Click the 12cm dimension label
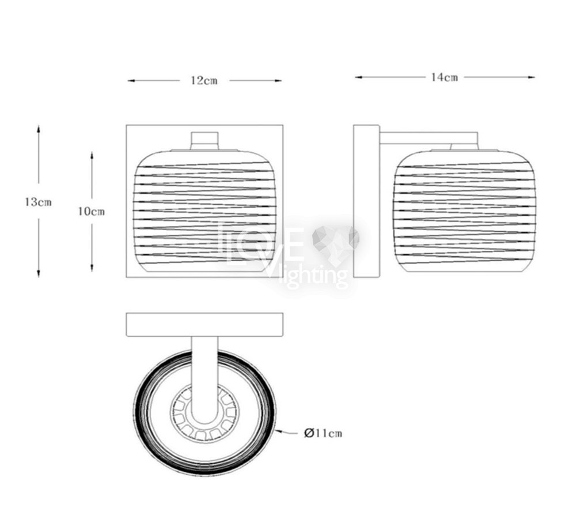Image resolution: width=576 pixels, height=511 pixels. tap(204, 81)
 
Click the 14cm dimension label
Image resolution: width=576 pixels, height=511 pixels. tap(445, 77)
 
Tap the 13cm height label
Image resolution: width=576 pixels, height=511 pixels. tap(38, 202)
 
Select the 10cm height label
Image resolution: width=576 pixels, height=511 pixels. tap(92, 212)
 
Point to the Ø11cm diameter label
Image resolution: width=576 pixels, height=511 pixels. tap(323, 433)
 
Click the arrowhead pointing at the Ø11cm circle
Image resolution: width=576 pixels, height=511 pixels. tap(278, 431)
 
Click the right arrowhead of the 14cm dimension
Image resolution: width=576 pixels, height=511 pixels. tap(531, 77)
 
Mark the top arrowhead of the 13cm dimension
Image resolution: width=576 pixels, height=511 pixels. tap(38, 129)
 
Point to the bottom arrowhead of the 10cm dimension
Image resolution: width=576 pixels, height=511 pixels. tap(92, 268)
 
